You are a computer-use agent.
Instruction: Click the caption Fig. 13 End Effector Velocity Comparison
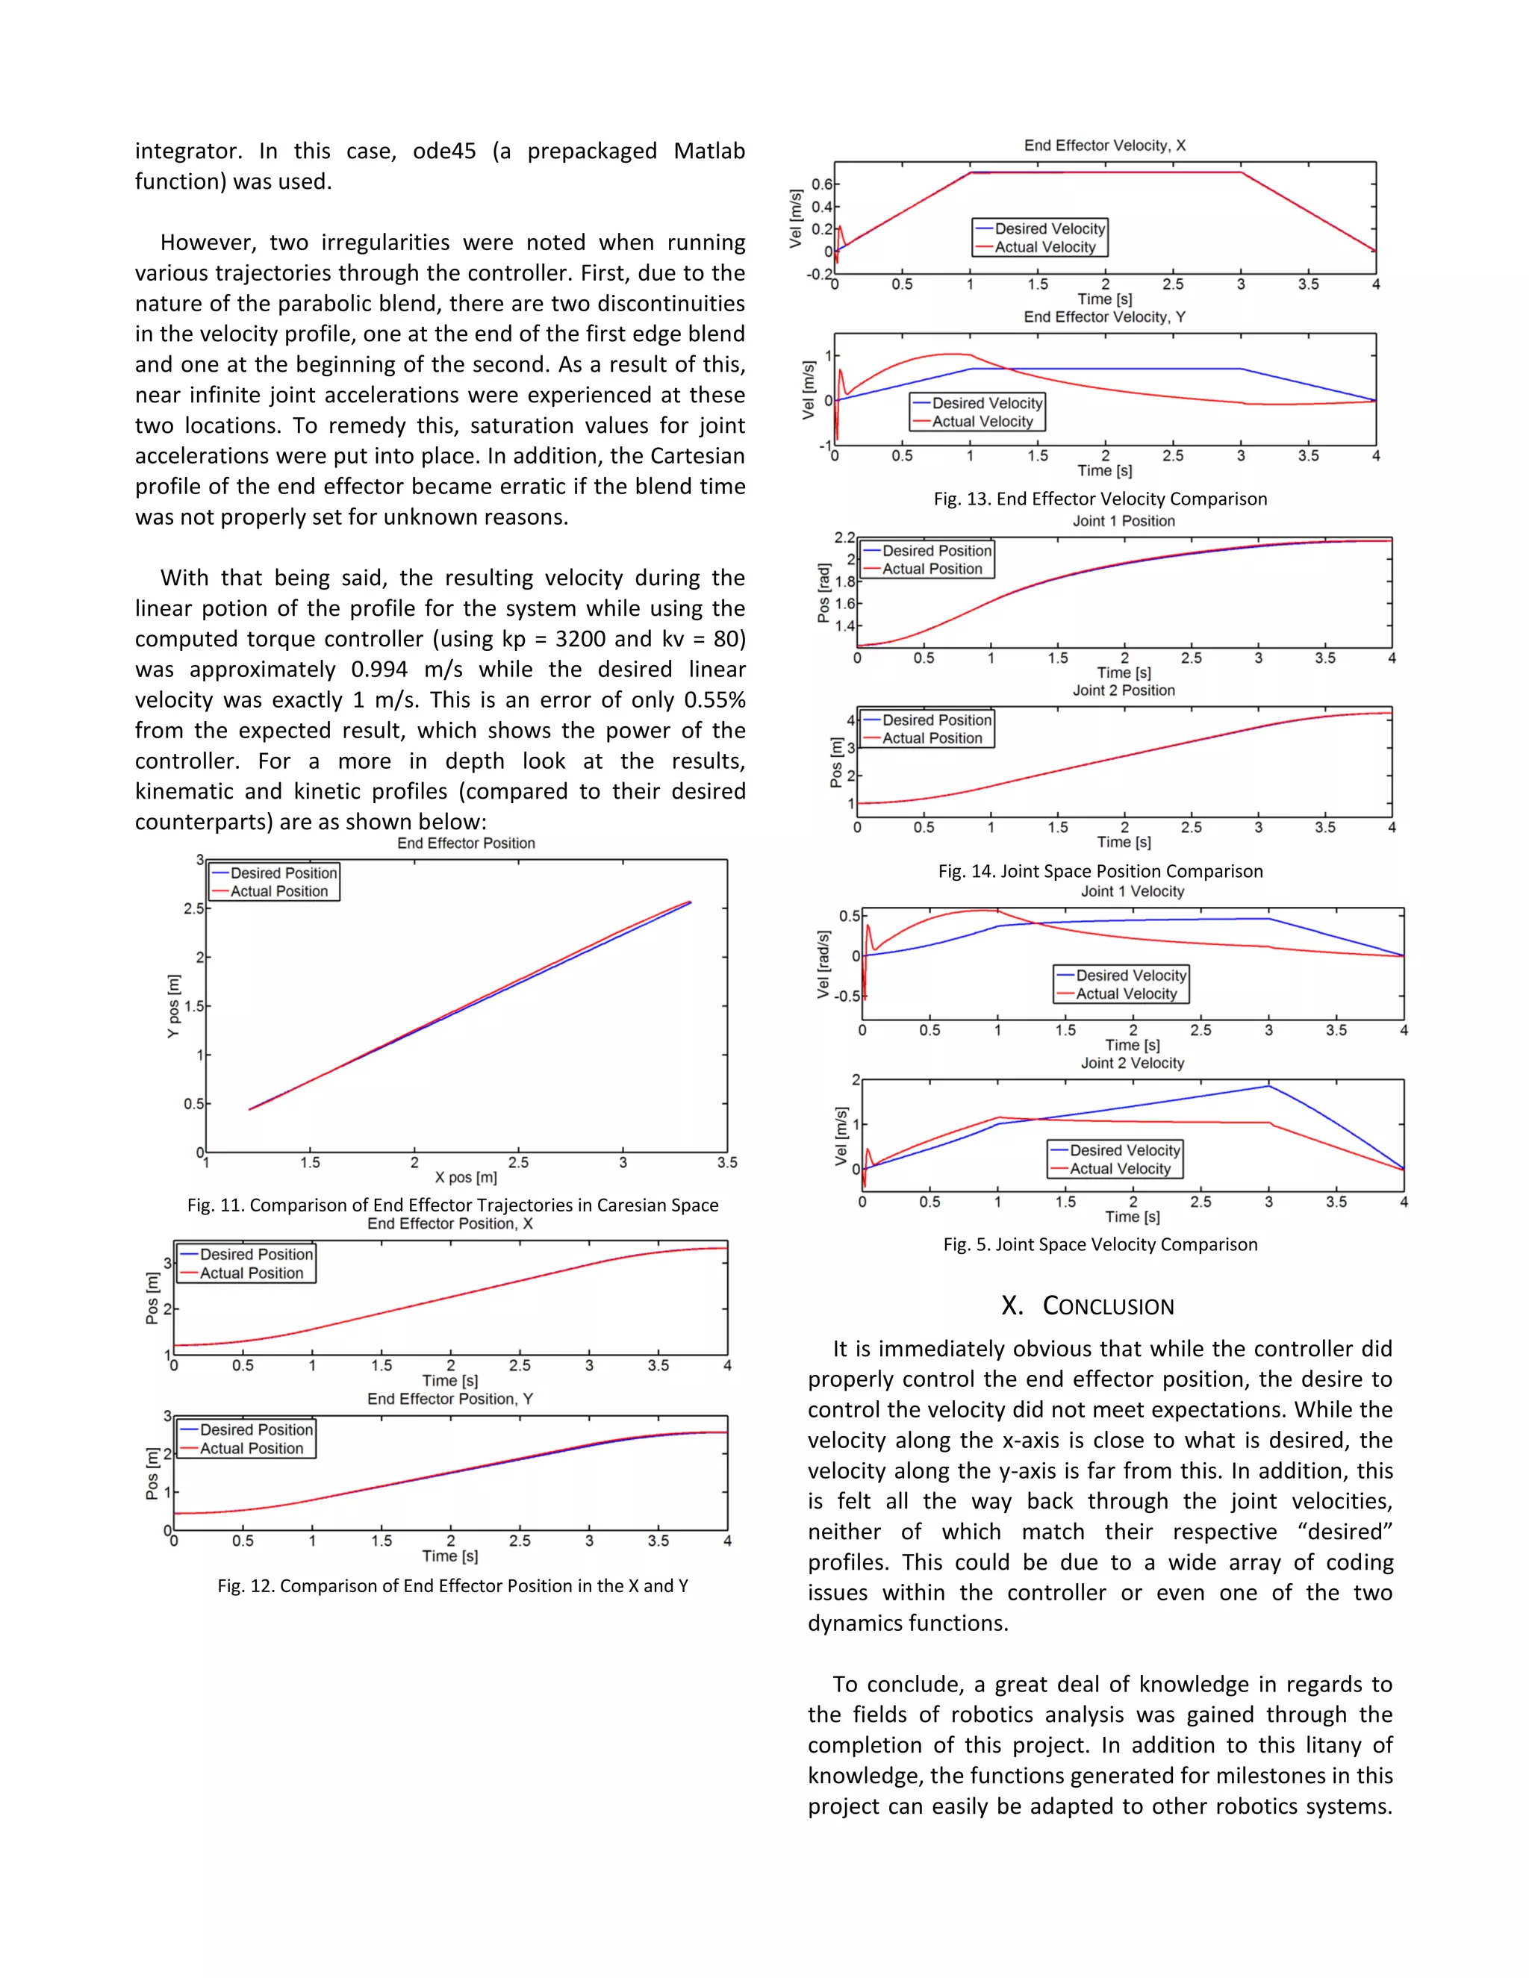tap(1100, 499)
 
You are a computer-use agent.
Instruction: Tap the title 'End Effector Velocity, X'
tap(1104, 146)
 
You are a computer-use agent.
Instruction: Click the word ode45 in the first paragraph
tap(444, 152)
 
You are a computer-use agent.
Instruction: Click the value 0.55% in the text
tap(714, 700)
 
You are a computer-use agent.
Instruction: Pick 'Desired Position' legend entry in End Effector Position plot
tap(284, 873)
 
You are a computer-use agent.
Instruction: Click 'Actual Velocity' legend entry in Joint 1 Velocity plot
tap(1126, 993)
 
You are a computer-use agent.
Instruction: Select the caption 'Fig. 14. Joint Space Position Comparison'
tap(1100, 871)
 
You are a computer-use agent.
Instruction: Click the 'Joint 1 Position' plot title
tap(1123, 522)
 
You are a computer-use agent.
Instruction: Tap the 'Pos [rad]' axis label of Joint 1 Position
tap(823, 593)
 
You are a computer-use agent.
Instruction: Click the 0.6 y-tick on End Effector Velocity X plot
tap(820, 185)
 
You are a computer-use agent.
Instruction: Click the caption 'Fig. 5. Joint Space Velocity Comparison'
tap(1100, 1244)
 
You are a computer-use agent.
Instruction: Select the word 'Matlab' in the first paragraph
tap(709, 152)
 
